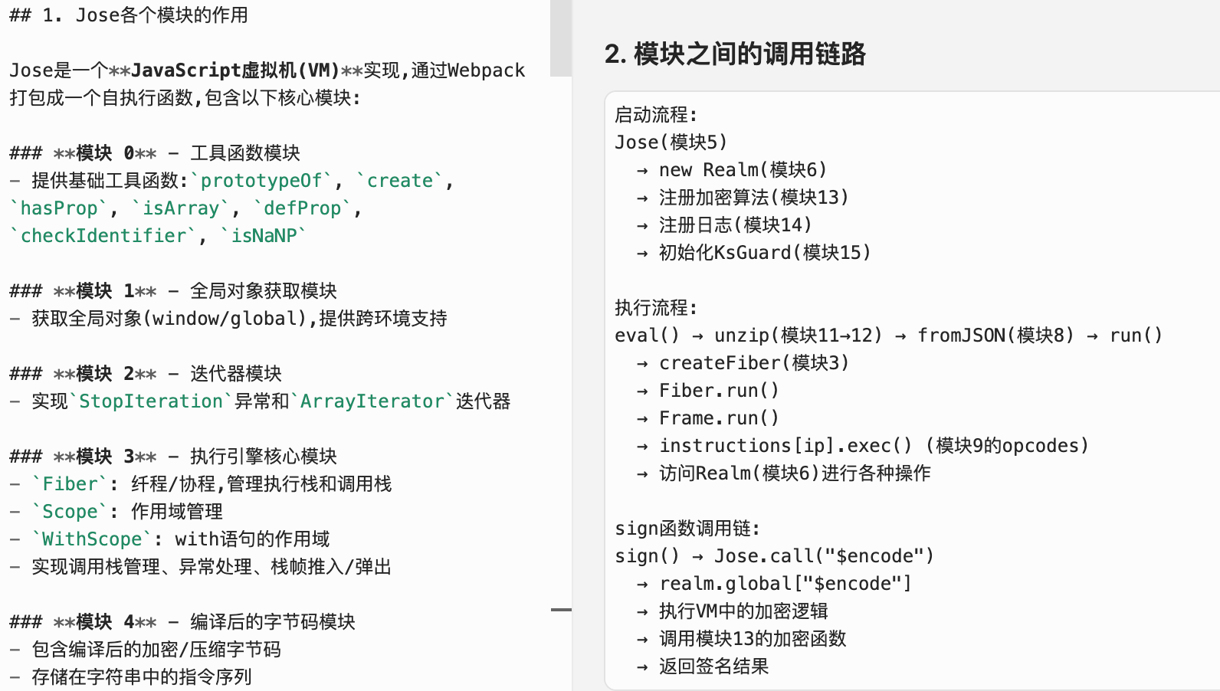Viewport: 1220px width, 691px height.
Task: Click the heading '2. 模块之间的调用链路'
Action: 734,54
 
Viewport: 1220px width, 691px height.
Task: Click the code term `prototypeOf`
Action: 261,181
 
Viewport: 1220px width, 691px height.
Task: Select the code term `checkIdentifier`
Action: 103,236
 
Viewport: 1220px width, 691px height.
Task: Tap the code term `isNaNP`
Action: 264,236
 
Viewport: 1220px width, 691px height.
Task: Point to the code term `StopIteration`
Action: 151,401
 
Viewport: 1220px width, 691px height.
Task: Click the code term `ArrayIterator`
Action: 372,401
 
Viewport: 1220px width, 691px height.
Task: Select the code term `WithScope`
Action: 92,539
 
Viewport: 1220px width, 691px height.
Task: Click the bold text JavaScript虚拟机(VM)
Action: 235,70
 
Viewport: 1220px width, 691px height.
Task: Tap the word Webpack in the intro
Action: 487,70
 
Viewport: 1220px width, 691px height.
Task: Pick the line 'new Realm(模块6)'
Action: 742,170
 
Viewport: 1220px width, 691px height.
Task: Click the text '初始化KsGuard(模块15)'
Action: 764,253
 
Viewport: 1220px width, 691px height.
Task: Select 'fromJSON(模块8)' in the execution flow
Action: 995,336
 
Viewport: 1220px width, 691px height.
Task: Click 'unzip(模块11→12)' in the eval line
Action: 798,336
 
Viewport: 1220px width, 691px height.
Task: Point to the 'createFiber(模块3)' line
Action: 753,363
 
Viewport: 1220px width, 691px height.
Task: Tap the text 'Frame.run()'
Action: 718,418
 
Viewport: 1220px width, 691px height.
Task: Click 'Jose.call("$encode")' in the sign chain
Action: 824,556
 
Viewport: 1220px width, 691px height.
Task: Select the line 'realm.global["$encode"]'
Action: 785,584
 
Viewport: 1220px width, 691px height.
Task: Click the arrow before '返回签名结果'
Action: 642,667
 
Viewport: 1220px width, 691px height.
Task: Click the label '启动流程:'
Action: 656,115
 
